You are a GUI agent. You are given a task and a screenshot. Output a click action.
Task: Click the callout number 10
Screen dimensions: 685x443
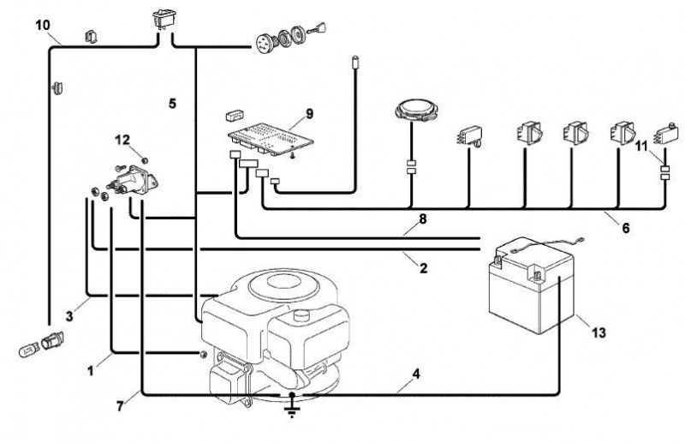pyautogui.click(x=43, y=26)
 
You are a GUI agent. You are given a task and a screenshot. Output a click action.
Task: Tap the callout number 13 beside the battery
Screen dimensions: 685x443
pyautogui.click(x=599, y=332)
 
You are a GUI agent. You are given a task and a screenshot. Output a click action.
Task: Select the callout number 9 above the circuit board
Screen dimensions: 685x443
pyautogui.click(x=309, y=114)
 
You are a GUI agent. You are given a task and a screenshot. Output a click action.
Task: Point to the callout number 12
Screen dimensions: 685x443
pyautogui.click(x=122, y=140)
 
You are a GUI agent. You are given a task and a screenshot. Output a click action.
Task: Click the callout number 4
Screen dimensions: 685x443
pyautogui.click(x=416, y=374)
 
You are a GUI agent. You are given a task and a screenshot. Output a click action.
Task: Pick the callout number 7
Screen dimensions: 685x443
pyautogui.click(x=120, y=406)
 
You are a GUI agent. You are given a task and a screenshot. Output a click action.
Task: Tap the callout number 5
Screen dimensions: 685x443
pyautogui.click(x=173, y=104)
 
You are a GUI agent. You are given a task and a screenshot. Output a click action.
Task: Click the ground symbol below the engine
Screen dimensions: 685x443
pyautogui.click(x=292, y=407)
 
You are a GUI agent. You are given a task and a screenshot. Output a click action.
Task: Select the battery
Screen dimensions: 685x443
pyautogui.click(x=532, y=286)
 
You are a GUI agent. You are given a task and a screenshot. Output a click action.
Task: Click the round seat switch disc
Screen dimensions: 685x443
pyautogui.click(x=416, y=110)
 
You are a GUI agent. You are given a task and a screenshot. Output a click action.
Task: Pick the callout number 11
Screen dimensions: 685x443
pyautogui.click(x=640, y=146)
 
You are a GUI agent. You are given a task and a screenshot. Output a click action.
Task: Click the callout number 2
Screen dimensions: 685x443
pyautogui.click(x=423, y=267)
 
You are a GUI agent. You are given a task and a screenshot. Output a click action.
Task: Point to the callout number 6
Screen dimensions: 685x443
pyautogui.click(x=626, y=227)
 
